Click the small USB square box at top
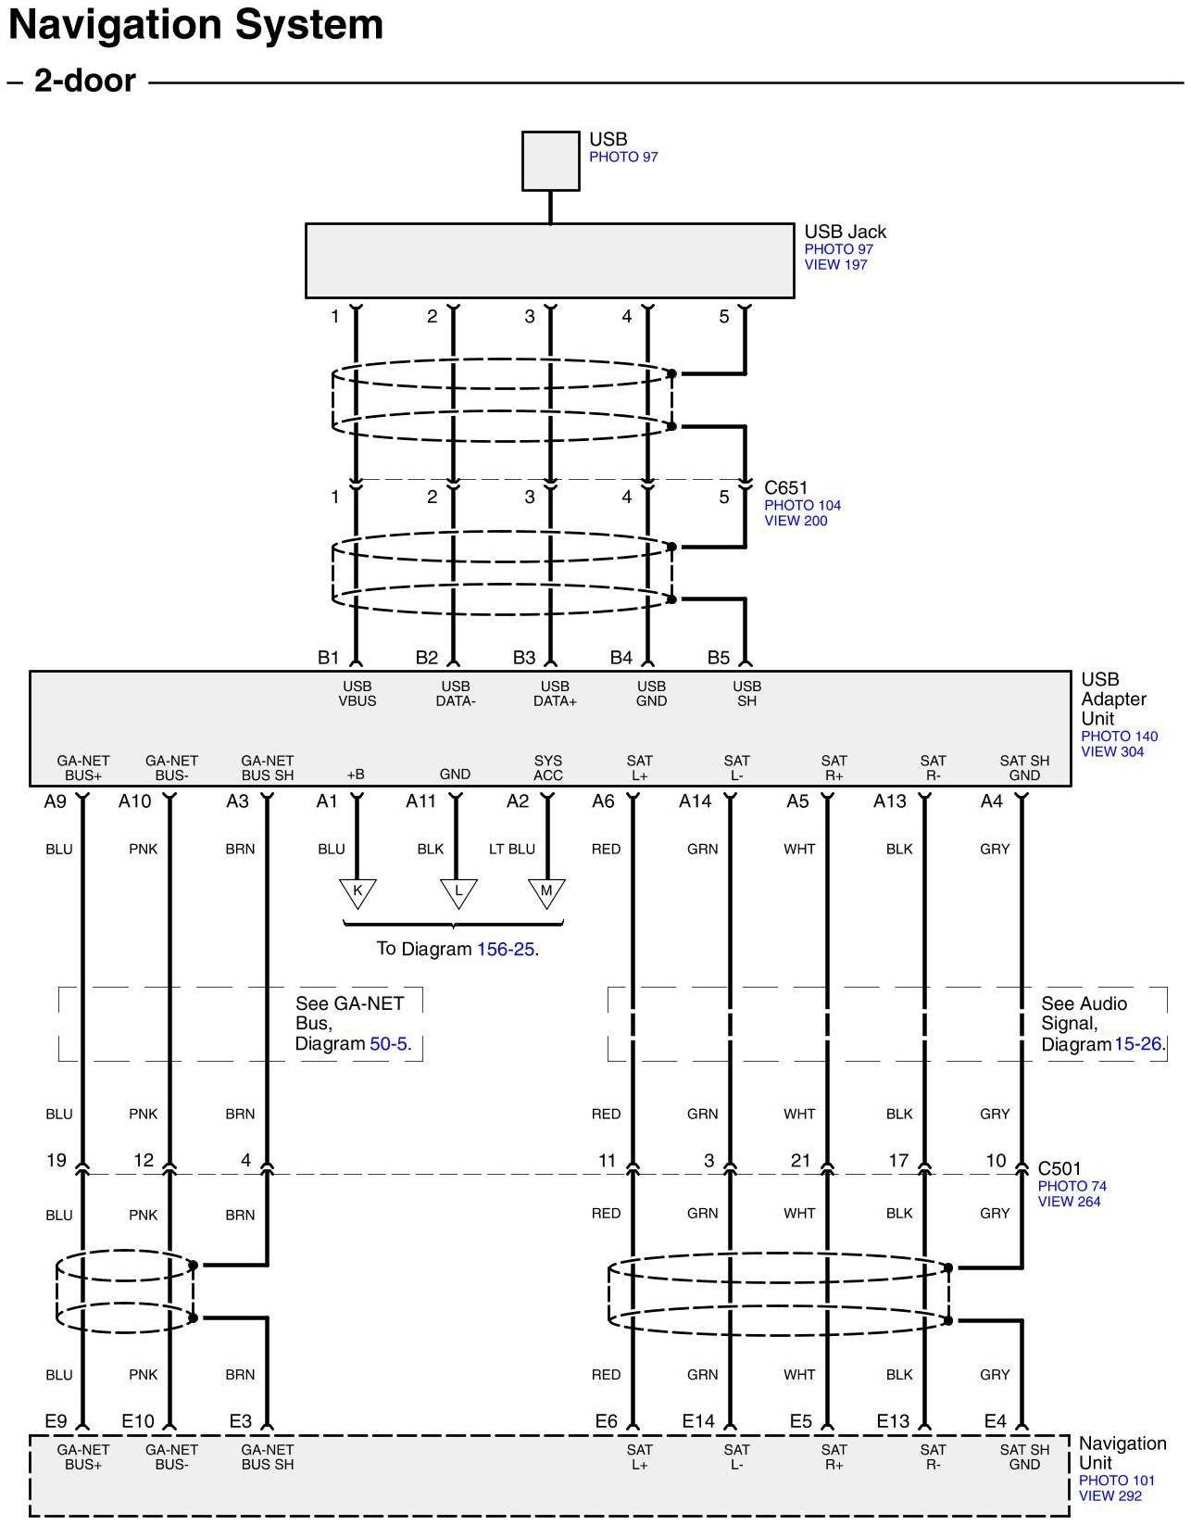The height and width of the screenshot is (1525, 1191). (x=551, y=160)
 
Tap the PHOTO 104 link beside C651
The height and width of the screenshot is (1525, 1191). (x=802, y=505)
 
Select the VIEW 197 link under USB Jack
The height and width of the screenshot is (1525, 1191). (x=835, y=265)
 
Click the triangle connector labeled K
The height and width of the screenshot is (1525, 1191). (x=357, y=893)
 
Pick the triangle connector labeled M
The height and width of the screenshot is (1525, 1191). (x=546, y=893)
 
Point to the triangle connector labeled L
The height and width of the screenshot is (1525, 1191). (x=458, y=893)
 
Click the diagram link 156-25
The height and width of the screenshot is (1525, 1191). (x=506, y=950)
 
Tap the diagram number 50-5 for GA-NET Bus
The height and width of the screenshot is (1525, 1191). (x=388, y=1043)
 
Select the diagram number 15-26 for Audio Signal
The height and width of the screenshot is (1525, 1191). (x=1137, y=1044)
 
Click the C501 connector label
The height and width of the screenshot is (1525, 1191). (x=1059, y=1168)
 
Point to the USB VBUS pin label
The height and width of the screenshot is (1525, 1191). (x=357, y=693)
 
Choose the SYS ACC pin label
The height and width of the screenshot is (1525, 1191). (x=547, y=768)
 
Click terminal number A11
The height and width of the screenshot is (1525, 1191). (x=420, y=800)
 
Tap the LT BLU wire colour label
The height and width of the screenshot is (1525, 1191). (x=512, y=850)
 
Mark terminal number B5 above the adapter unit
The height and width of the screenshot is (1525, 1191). (x=719, y=658)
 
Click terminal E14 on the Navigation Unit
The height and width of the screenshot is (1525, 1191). (x=698, y=1421)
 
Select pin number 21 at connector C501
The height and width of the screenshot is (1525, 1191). (x=800, y=1161)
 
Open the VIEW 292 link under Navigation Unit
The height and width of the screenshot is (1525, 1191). (x=1110, y=1495)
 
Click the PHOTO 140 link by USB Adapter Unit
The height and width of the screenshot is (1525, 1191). (x=1120, y=737)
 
